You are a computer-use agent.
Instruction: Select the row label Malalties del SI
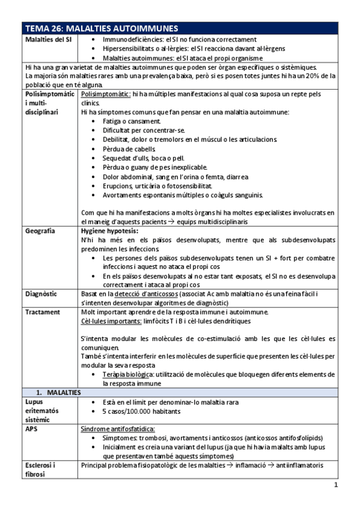(48, 39)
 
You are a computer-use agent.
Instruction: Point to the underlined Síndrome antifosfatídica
(118, 429)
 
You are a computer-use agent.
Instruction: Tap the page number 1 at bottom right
(336, 484)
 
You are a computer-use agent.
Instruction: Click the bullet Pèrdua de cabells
(129, 149)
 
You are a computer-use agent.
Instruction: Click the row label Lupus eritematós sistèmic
(43, 411)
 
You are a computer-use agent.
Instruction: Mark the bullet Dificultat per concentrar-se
(144, 130)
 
